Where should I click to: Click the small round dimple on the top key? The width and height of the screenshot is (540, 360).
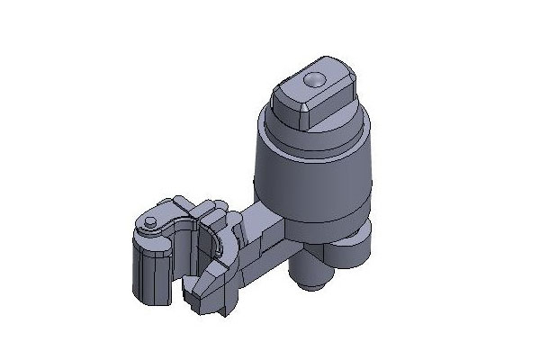(312, 80)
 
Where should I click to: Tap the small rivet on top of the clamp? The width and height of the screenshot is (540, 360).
(150, 220)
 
